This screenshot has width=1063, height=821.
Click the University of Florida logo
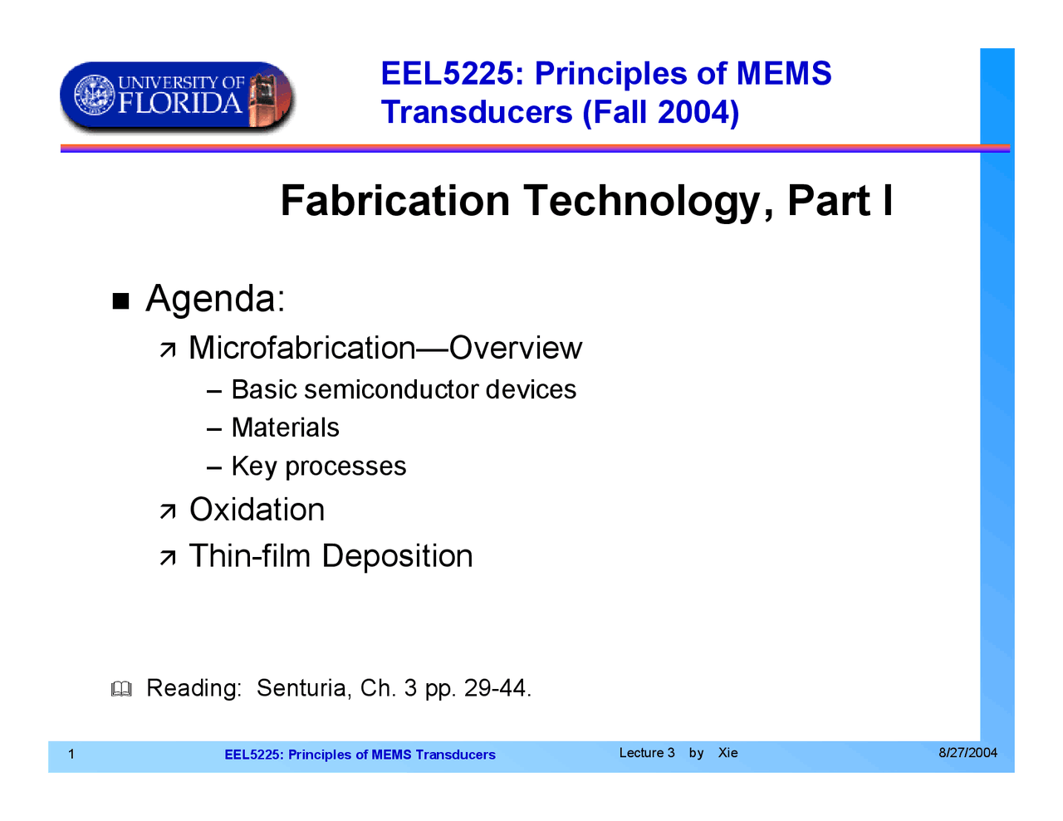[x=177, y=95]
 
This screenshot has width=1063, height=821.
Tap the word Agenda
[x=214, y=299]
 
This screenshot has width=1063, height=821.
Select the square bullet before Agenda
[x=121, y=301]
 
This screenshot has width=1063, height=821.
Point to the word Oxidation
[x=257, y=510]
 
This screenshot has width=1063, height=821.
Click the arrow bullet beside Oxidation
[x=168, y=511]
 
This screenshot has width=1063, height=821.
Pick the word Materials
[x=285, y=428]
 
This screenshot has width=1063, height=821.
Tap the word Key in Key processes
[x=253, y=467]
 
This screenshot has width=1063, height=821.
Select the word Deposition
[x=397, y=556]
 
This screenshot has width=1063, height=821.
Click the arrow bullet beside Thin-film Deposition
[x=168, y=558]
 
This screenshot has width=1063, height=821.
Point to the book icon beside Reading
[x=121, y=689]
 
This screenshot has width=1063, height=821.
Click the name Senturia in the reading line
[x=303, y=688]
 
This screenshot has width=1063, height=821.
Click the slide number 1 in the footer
[x=71, y=754]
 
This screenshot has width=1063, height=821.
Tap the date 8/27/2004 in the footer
[x=967, y=753]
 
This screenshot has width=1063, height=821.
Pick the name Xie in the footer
[x=727, y=753]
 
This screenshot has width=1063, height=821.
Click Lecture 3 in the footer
[x=647, y=753]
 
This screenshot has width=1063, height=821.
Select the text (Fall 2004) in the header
[x=660, y=112]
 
